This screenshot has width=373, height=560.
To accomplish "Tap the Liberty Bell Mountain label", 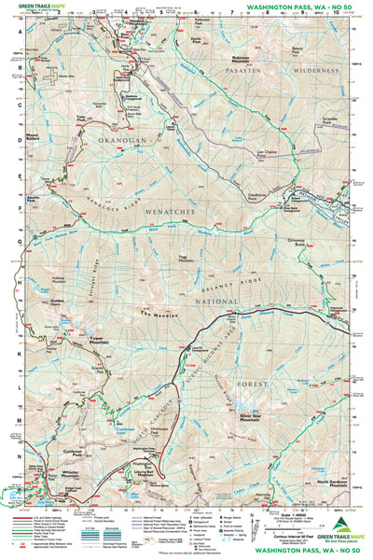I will pos(144,489).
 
